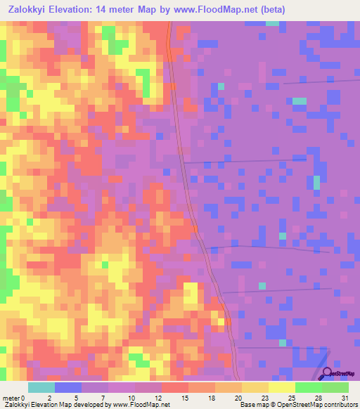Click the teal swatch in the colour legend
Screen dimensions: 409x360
click(x=41, y=387)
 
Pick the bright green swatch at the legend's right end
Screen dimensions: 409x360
click(x=335, y=387)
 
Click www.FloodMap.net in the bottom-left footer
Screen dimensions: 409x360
click(x=139, y=405)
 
